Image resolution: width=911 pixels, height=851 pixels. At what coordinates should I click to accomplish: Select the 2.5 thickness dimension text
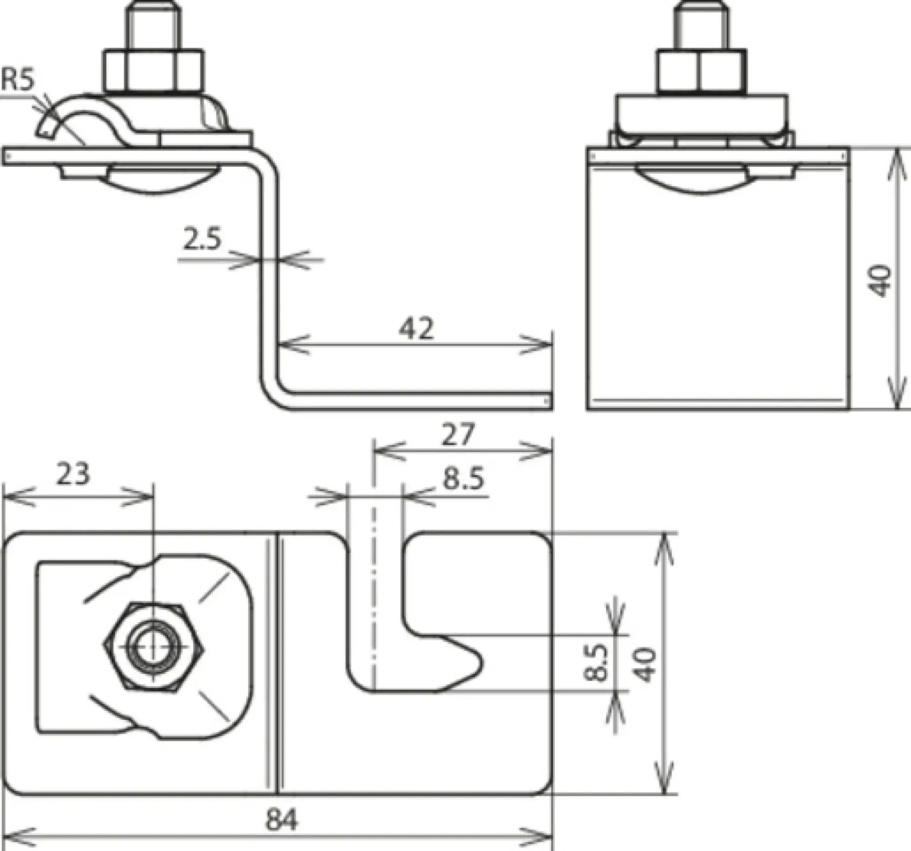pos(202,239)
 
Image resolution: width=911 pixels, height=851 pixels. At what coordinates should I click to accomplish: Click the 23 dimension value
pos(73,473)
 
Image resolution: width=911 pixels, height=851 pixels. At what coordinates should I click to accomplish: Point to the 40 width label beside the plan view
pos(645,665)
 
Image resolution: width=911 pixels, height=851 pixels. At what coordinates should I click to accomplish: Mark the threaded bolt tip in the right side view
pos(701,25)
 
